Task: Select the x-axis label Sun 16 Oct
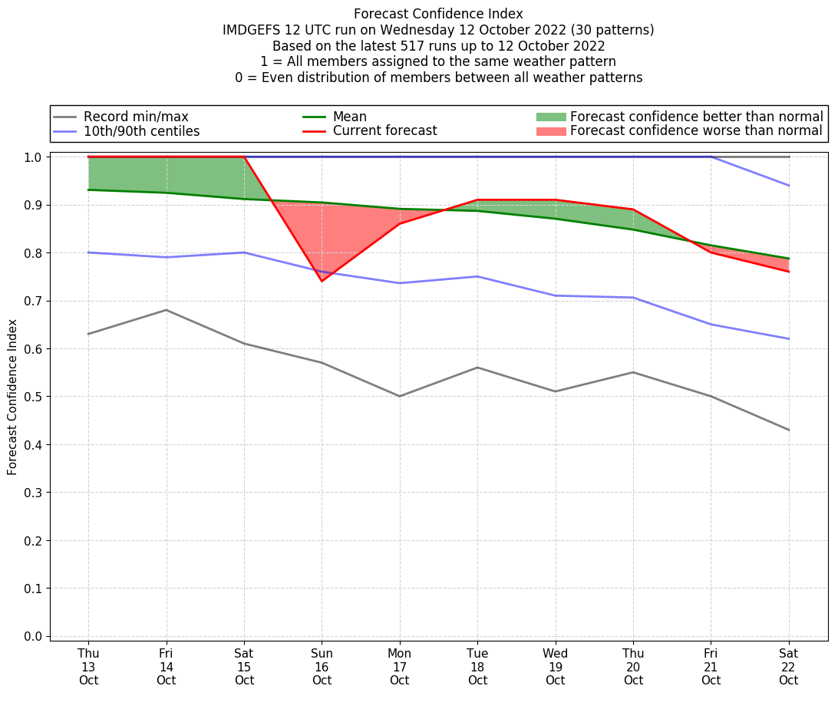[322, 666]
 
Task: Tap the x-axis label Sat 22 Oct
[788, 666]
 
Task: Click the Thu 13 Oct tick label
[88, 666]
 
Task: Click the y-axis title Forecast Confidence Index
[12, 397]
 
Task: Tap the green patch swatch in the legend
[550, 117]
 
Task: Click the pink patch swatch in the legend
[550, 131]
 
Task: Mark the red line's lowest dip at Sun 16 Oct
[322, 281]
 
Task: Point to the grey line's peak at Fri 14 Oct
[167, 310]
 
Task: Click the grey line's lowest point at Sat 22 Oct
[788, 430]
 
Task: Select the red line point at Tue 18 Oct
[477, 200]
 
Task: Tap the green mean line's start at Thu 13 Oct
[88, 190]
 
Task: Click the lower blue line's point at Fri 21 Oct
[711, 325]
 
